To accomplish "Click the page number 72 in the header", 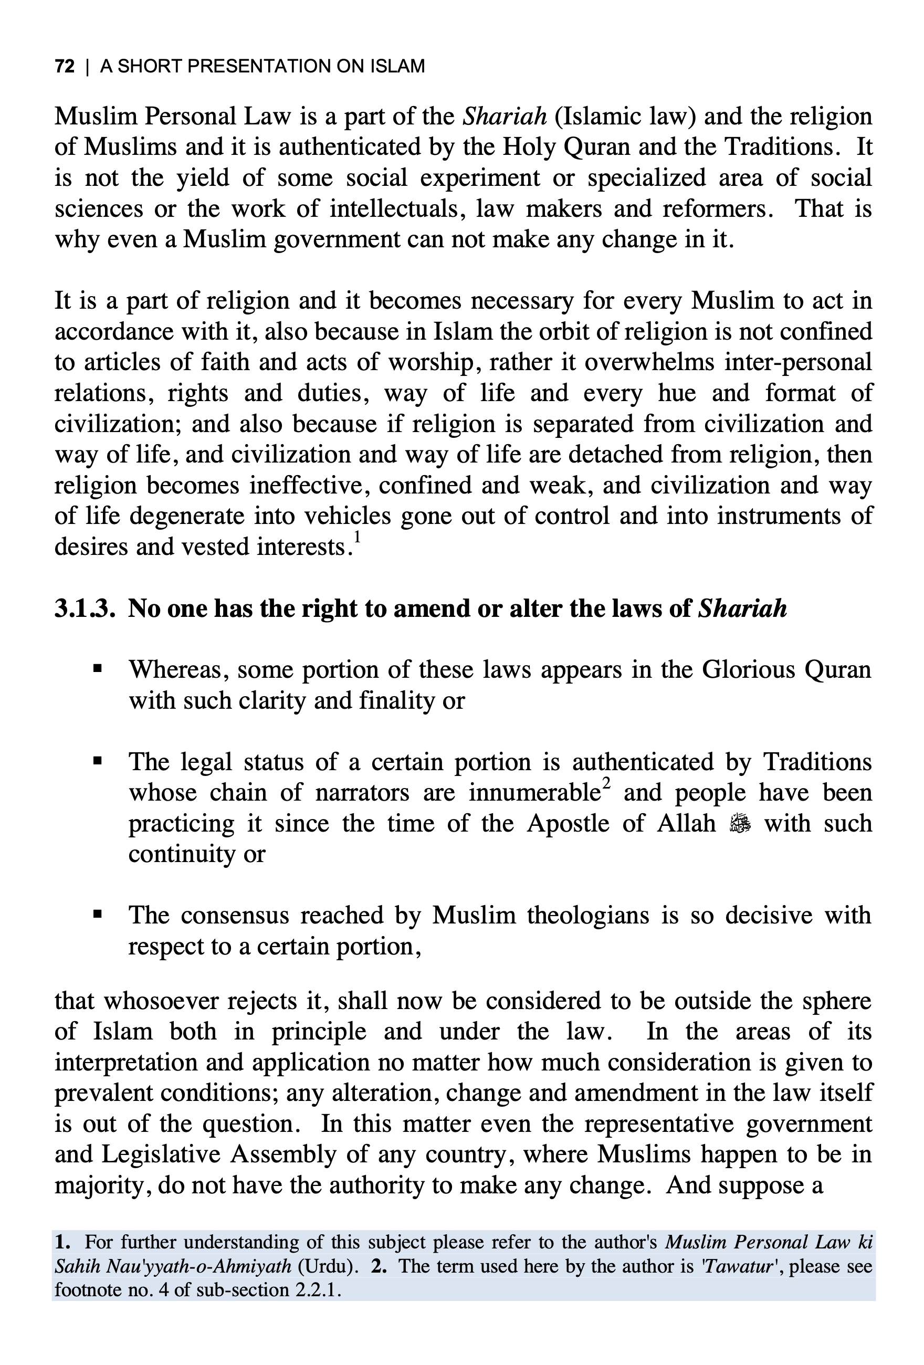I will [x=65, y=66].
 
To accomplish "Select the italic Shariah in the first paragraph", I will [x=505, y=117].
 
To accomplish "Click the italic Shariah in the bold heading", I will [x=742, y=608].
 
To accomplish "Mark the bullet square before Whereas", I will [x=98, y=669].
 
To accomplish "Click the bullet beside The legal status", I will [x=98, y=761].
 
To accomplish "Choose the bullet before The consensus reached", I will [x=98, y=915].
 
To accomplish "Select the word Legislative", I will [x=161, y=1154].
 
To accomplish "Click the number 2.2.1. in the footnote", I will [x=319, y=1290].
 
